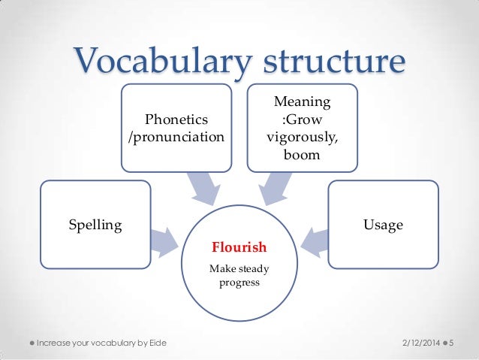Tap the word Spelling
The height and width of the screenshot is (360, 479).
pyautogui.click(x=95, y=225)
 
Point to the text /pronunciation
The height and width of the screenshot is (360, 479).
pyautogui.click(x=176, y=138)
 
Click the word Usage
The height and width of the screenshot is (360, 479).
pyautogui.click(x=383, y=225)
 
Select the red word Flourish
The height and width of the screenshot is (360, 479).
pyautogui.click(x=239, y=247)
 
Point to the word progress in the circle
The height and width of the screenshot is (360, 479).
pyautogui.click(x=239, y=283)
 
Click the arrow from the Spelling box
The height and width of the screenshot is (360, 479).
pyautogui.click(x=164, y=238)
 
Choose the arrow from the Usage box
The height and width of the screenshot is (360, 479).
pyautogui.click(x=314, y=238)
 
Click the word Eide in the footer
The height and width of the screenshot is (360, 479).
pyautogui.click(x=155, y=343)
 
